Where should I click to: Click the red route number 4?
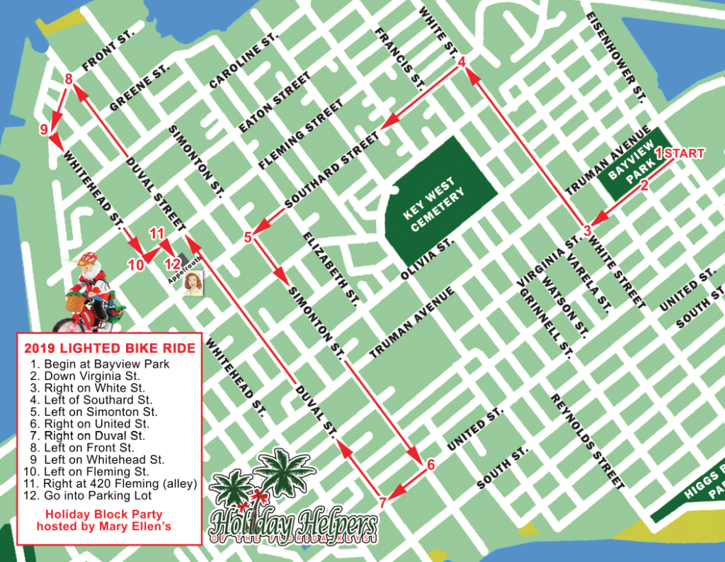pyautogui.click(x=462, y=62)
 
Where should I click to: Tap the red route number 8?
pyautogui.click(x=69, y=79)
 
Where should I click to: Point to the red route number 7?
pyautogui.click(x=382, y=502)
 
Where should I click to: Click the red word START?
pyautogui.click(x=685, y=153)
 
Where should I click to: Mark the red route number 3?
pyautogui.click(x=587, y=230)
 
